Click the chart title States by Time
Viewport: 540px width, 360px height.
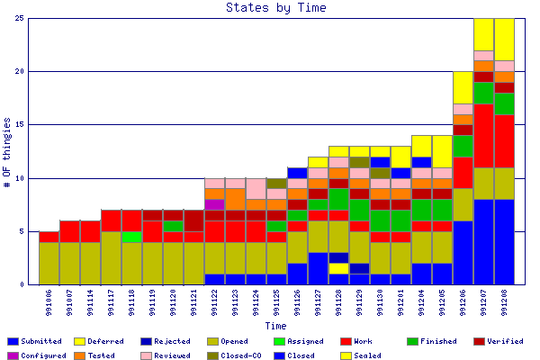tap(275, 8)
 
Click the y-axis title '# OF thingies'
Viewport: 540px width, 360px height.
tap(7, 152)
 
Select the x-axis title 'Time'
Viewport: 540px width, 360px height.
tap(275, 326)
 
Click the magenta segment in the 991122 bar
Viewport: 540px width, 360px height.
tap(214, 204)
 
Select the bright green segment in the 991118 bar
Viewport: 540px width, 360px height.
tap(131, 237)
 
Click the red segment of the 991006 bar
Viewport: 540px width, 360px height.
tap(49, 237)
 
